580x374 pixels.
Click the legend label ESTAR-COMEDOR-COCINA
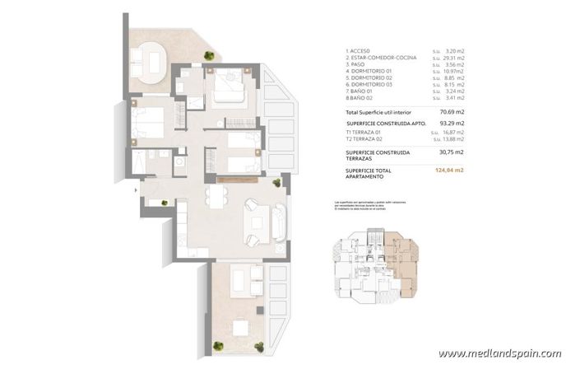point(383,58)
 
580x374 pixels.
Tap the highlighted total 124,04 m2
point(448,170)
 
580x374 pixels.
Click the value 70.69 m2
point(448,111)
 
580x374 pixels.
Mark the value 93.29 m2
point(448,123)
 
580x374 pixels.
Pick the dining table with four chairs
point(216,196)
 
